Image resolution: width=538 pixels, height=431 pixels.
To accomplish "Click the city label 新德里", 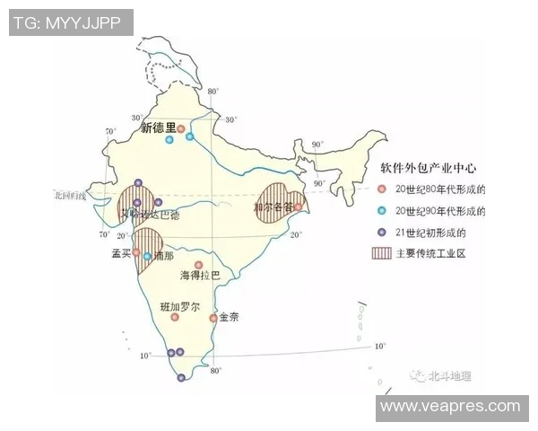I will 158,128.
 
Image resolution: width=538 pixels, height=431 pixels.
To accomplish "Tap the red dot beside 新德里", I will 181,129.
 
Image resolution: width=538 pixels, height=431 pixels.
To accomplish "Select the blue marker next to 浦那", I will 147,256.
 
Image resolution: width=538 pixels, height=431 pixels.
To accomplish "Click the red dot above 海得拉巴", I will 198,265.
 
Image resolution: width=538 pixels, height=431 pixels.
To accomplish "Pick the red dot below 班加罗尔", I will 175,317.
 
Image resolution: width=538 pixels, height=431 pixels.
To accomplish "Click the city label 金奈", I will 230,318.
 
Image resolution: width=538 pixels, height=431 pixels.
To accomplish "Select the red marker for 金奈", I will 213,318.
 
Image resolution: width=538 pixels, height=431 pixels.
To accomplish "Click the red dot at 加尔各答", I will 298,207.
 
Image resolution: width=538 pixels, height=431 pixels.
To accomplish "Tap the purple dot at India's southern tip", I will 182,378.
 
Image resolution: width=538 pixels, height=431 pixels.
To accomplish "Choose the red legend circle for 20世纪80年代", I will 381,189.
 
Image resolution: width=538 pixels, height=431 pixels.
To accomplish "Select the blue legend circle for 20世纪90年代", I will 381,211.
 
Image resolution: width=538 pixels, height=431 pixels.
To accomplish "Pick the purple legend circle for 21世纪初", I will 381,233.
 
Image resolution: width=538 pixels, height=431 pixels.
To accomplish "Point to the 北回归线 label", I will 68,195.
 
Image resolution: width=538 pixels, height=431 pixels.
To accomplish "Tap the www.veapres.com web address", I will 449,406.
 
